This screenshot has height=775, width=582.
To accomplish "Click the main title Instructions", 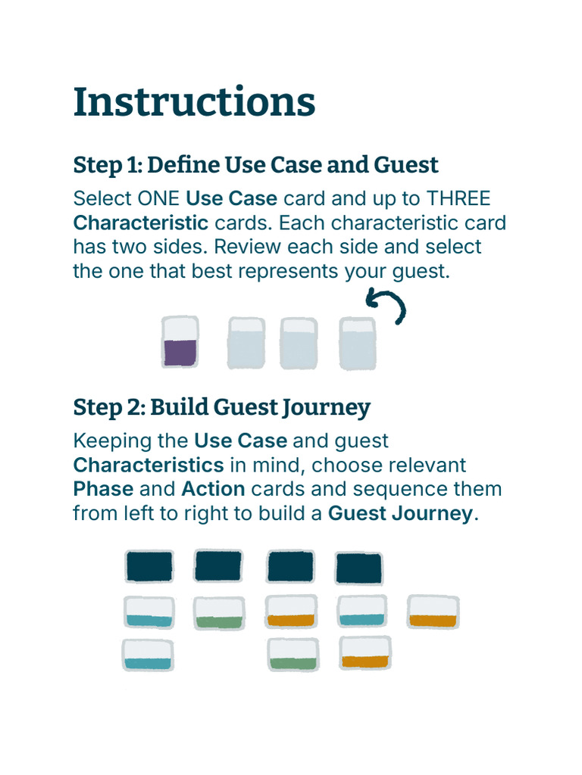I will [194, 102].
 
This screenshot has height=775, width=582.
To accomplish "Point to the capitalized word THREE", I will [458, 199].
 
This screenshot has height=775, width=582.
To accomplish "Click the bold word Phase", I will [103, 489].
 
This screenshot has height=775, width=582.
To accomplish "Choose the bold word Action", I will [213, 489].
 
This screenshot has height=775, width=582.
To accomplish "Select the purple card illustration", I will [180, 343].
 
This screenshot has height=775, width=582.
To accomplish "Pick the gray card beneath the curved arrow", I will [357, 344].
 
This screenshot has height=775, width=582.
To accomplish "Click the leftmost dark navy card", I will [149, 567].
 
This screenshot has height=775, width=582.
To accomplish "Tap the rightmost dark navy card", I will [359, 568].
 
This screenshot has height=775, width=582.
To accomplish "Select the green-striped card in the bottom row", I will [293, 655].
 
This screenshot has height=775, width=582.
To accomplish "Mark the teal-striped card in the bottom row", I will [148, 655].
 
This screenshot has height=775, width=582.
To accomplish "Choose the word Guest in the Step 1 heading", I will [405, 165].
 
